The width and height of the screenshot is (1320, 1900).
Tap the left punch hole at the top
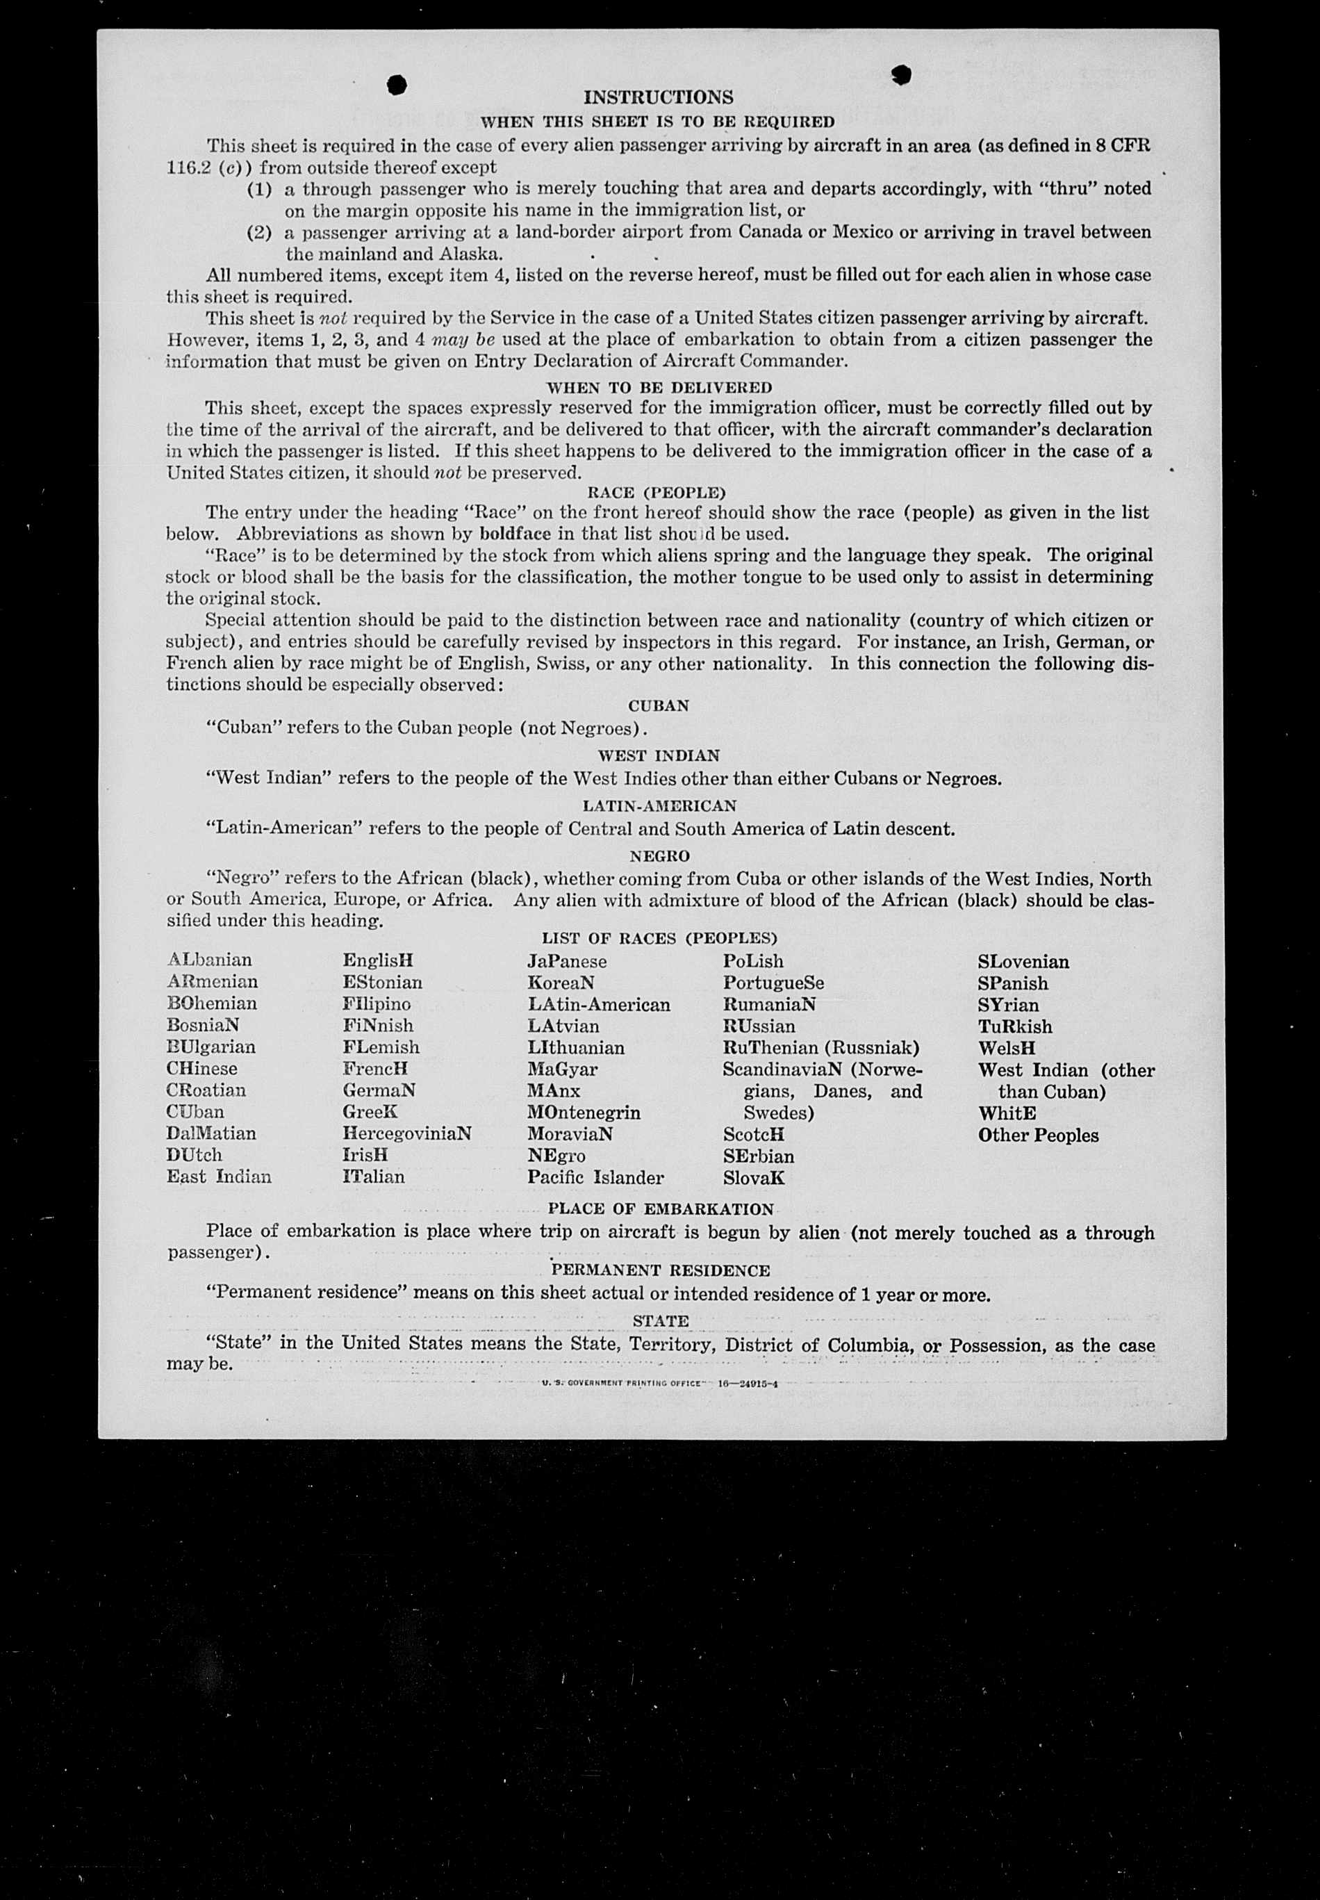[x=398, y=83]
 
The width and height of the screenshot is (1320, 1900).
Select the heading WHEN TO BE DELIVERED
[x=659, y=387]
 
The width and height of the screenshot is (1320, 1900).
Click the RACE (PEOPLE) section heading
[x=656, y=493]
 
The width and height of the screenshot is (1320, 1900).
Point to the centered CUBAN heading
[x=659, y=706]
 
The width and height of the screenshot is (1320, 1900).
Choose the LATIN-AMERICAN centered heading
[x=659, y=805]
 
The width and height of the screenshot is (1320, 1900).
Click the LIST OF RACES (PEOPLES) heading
[x=659, y=938]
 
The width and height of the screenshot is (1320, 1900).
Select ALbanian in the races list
[x=209, y=960]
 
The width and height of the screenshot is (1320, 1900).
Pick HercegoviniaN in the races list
[x=407, y=1134]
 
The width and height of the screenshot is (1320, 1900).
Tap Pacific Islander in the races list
[x=595, y=1178]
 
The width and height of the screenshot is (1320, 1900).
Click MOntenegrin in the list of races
[x=584, y=1113]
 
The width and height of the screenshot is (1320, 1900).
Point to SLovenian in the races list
[x=1023, y=962]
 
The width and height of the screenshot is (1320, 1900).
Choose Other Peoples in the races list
[x=1038, y=1136]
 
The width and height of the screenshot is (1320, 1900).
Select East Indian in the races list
[x=218, y=1177]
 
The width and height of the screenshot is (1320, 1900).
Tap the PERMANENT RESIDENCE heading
[x=660, y=1270]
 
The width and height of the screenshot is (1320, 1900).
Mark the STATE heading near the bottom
[x=660, y=1321]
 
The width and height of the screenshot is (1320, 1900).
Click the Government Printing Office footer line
[x=659, y=1383]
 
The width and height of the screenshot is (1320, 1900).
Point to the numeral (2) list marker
[x=260, y=232]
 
